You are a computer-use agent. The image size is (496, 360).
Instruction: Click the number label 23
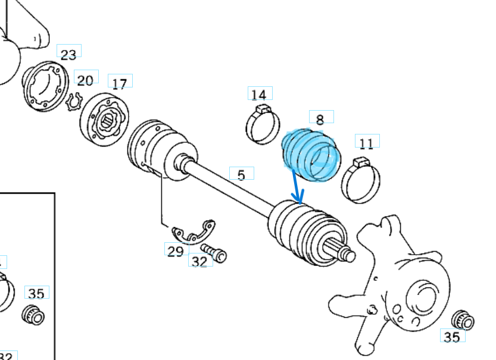tap(68, 54)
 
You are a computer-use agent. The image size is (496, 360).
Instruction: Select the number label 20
tap(85, 80)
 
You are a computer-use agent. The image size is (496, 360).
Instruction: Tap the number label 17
tap(120, 84)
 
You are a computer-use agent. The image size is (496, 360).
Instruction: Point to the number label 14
tap(258, 95)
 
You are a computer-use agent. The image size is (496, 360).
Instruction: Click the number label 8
tap(320, 119)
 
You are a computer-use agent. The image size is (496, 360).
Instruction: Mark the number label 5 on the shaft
tap(241, 175)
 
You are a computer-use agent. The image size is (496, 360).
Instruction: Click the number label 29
tap(175, 251)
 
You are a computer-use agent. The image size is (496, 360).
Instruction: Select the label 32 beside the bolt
tap(200, 261)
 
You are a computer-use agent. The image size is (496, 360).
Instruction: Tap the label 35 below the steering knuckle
tap(452, 337)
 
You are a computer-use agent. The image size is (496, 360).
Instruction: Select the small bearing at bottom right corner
tap(464, 320)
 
